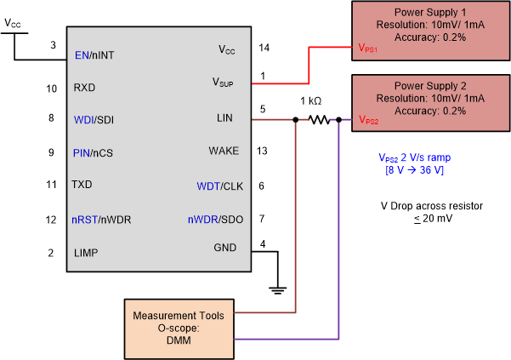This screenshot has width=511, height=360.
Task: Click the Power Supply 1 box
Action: pos(431,31)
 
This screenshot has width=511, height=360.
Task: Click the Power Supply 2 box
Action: pos(431,101)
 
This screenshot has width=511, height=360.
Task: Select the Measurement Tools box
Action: pos(179,327)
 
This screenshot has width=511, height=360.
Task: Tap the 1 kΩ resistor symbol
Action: pos(320,120)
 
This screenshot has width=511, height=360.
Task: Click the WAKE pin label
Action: pos(224,151)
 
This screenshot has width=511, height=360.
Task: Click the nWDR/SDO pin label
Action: pos(215,220)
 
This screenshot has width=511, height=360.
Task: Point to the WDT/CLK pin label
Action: pos(219,186)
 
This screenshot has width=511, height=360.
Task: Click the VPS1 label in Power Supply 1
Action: pos(367,49)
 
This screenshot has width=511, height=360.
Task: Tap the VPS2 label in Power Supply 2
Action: pos(367,120)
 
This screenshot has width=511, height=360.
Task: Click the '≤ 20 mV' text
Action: pos(417,220)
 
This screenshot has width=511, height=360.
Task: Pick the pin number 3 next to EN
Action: pos(53,45)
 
